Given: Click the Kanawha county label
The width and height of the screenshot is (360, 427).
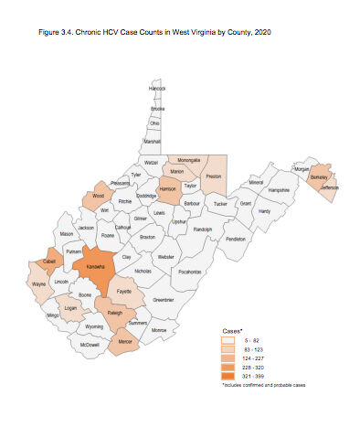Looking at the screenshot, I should click(x=95, y=267).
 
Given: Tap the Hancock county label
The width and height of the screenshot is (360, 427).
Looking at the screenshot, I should click(x=157, y=89).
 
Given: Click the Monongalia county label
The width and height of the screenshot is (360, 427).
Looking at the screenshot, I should click(x=189, y=160).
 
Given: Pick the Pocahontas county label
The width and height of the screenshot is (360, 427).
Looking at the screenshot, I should click(x=190, y=272).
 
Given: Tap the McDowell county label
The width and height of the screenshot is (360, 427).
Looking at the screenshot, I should click(x=90, y=345).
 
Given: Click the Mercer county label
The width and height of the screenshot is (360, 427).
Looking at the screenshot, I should click(x=124, y=342).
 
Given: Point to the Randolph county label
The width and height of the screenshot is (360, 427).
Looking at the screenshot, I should click(x=202, y=230).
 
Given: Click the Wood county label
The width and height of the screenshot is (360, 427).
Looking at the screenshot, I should click(x=99, y=196).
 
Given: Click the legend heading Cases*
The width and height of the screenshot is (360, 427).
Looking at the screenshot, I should click(x=234, y=330).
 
